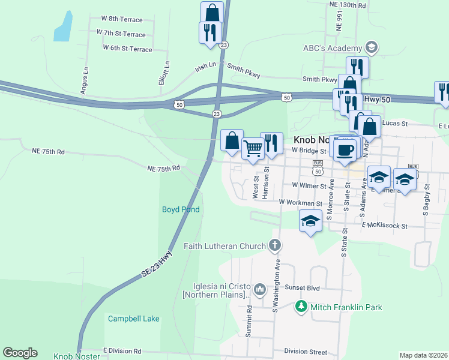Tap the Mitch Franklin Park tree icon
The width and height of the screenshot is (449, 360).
point(301,307)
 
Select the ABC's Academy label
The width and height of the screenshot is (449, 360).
point(333,48)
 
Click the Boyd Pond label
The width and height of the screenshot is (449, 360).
point(181,209)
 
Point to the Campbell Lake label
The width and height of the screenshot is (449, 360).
point(134,319)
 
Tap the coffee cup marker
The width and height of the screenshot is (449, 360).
point(345,149)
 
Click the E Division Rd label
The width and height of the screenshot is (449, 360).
point(122,350)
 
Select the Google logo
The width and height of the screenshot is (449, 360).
point(20,353)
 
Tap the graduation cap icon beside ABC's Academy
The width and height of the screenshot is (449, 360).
point(372,48)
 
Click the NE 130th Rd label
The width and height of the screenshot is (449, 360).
point(347,5)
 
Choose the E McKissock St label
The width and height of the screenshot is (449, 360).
point(384,226)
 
